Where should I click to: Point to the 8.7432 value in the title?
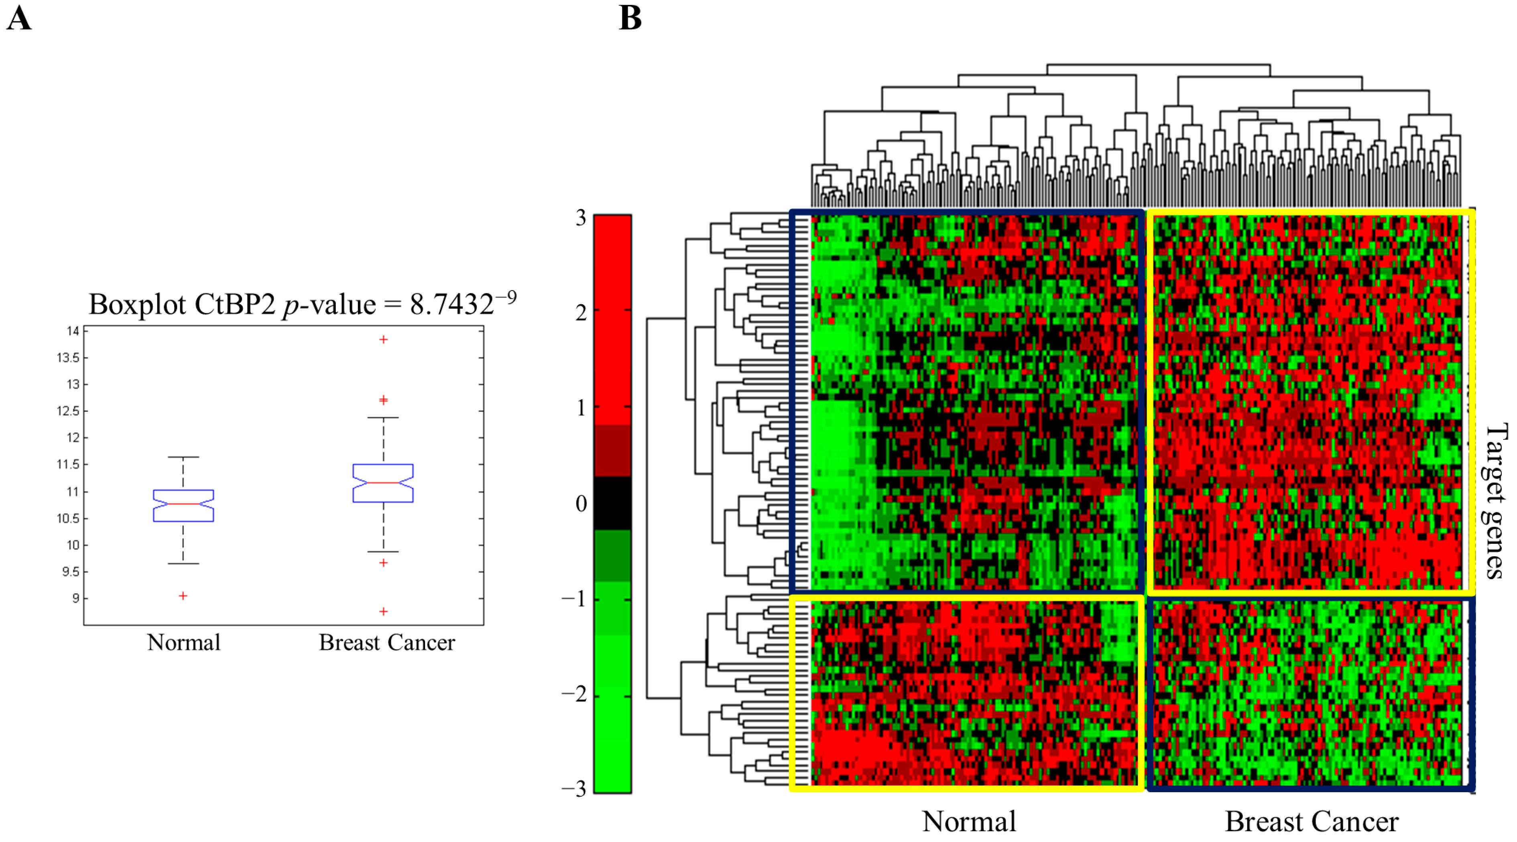[451, 305]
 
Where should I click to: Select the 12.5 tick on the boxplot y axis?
[68, 411]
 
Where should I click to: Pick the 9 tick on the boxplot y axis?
[75, 598]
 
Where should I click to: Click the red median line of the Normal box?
[183, 504]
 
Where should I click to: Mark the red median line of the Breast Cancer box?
[383, 483]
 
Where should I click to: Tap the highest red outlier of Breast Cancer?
[383, 340]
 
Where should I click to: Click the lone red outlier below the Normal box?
[183, 596]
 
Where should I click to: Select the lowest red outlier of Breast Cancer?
[383, 612]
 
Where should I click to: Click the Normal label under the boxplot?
[184, 643]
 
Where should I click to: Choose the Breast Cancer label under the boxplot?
[387, 643]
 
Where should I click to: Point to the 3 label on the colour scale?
[581, 218]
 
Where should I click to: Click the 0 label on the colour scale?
[581, 503]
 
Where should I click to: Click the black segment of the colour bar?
[612, 503]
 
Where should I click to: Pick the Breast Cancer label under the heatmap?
[1312, 822]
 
